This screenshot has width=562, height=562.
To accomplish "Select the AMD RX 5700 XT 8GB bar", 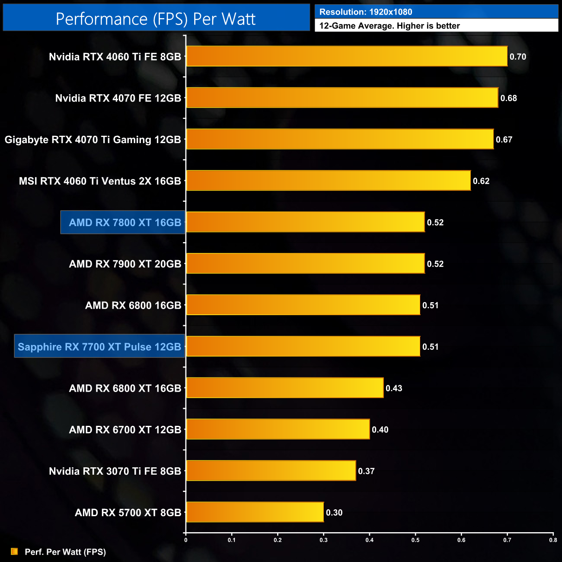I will coord(255,512).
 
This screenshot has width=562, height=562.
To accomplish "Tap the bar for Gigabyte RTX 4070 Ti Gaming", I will coord(340,139).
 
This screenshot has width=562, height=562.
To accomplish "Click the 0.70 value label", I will coord(518,57).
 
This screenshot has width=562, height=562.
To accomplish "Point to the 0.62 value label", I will coord(481,181).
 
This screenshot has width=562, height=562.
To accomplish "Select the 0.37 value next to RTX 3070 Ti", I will coord(366,471).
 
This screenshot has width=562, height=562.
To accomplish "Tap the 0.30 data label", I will coord(334,513).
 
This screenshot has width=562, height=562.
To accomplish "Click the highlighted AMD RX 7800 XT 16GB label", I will coord(125,223).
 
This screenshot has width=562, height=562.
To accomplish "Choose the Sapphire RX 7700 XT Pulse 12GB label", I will coord(99,347).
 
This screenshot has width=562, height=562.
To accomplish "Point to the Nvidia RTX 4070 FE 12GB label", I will coord(118,98).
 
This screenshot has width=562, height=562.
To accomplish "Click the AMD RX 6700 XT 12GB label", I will coord(125,430).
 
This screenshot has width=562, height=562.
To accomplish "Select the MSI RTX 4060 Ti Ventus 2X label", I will coord(100,181).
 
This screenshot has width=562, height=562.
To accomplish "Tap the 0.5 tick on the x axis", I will coord(415,540).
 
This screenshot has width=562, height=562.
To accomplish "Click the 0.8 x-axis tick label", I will coord(553,540).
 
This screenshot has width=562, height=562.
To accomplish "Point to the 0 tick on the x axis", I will coord(186,540).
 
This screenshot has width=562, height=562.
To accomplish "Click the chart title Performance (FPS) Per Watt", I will coord(156,19).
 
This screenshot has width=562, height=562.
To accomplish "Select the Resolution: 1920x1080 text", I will coord(366,12).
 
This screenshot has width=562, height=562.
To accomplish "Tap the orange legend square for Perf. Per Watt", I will coord(14,552).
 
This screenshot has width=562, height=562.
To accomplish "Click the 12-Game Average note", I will coord(390,26).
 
